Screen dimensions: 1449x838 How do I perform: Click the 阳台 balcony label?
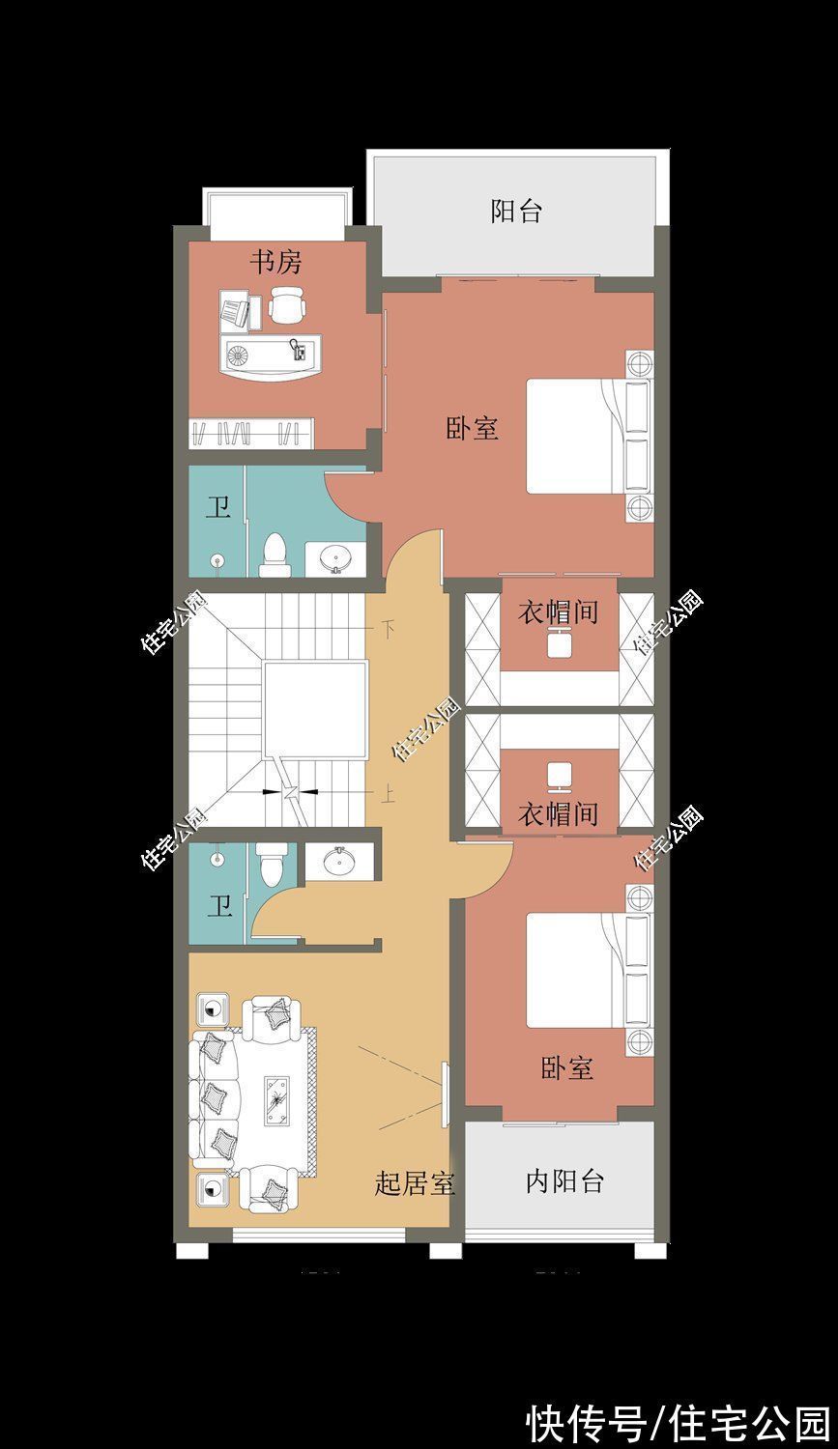pyautogui.click(x=516, y=212)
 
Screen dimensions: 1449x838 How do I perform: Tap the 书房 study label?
pyautogui.click(x=276, y=262)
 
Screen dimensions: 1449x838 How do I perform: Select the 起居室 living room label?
pyautogui.click(x=415, y=1182)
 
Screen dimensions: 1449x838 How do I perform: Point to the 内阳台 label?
pyautogui.click(x=564, y=1180)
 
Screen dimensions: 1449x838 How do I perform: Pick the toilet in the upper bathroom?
pyautogui.click(x=275, y=554)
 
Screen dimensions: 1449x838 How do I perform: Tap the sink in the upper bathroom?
pyautogui.click(x=336, y=558)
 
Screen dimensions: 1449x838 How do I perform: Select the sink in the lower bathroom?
pyautogui.click(x=336, y=862)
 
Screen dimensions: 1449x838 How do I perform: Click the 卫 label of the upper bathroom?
pyautogui.click(x=218, y=508)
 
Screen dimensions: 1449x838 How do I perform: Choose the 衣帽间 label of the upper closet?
pyautogui.click(x=558, y=612)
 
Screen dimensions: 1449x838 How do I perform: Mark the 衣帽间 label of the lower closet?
pyautogui.click(x=558, y=814)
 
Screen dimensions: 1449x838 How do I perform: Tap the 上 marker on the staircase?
pyautogui.click(x=388, y=794)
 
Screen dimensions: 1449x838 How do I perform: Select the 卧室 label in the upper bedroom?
pyautogui.click(x=473, y=429)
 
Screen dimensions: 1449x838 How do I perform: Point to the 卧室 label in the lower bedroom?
pyautogui.click(x=567, y=1068)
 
